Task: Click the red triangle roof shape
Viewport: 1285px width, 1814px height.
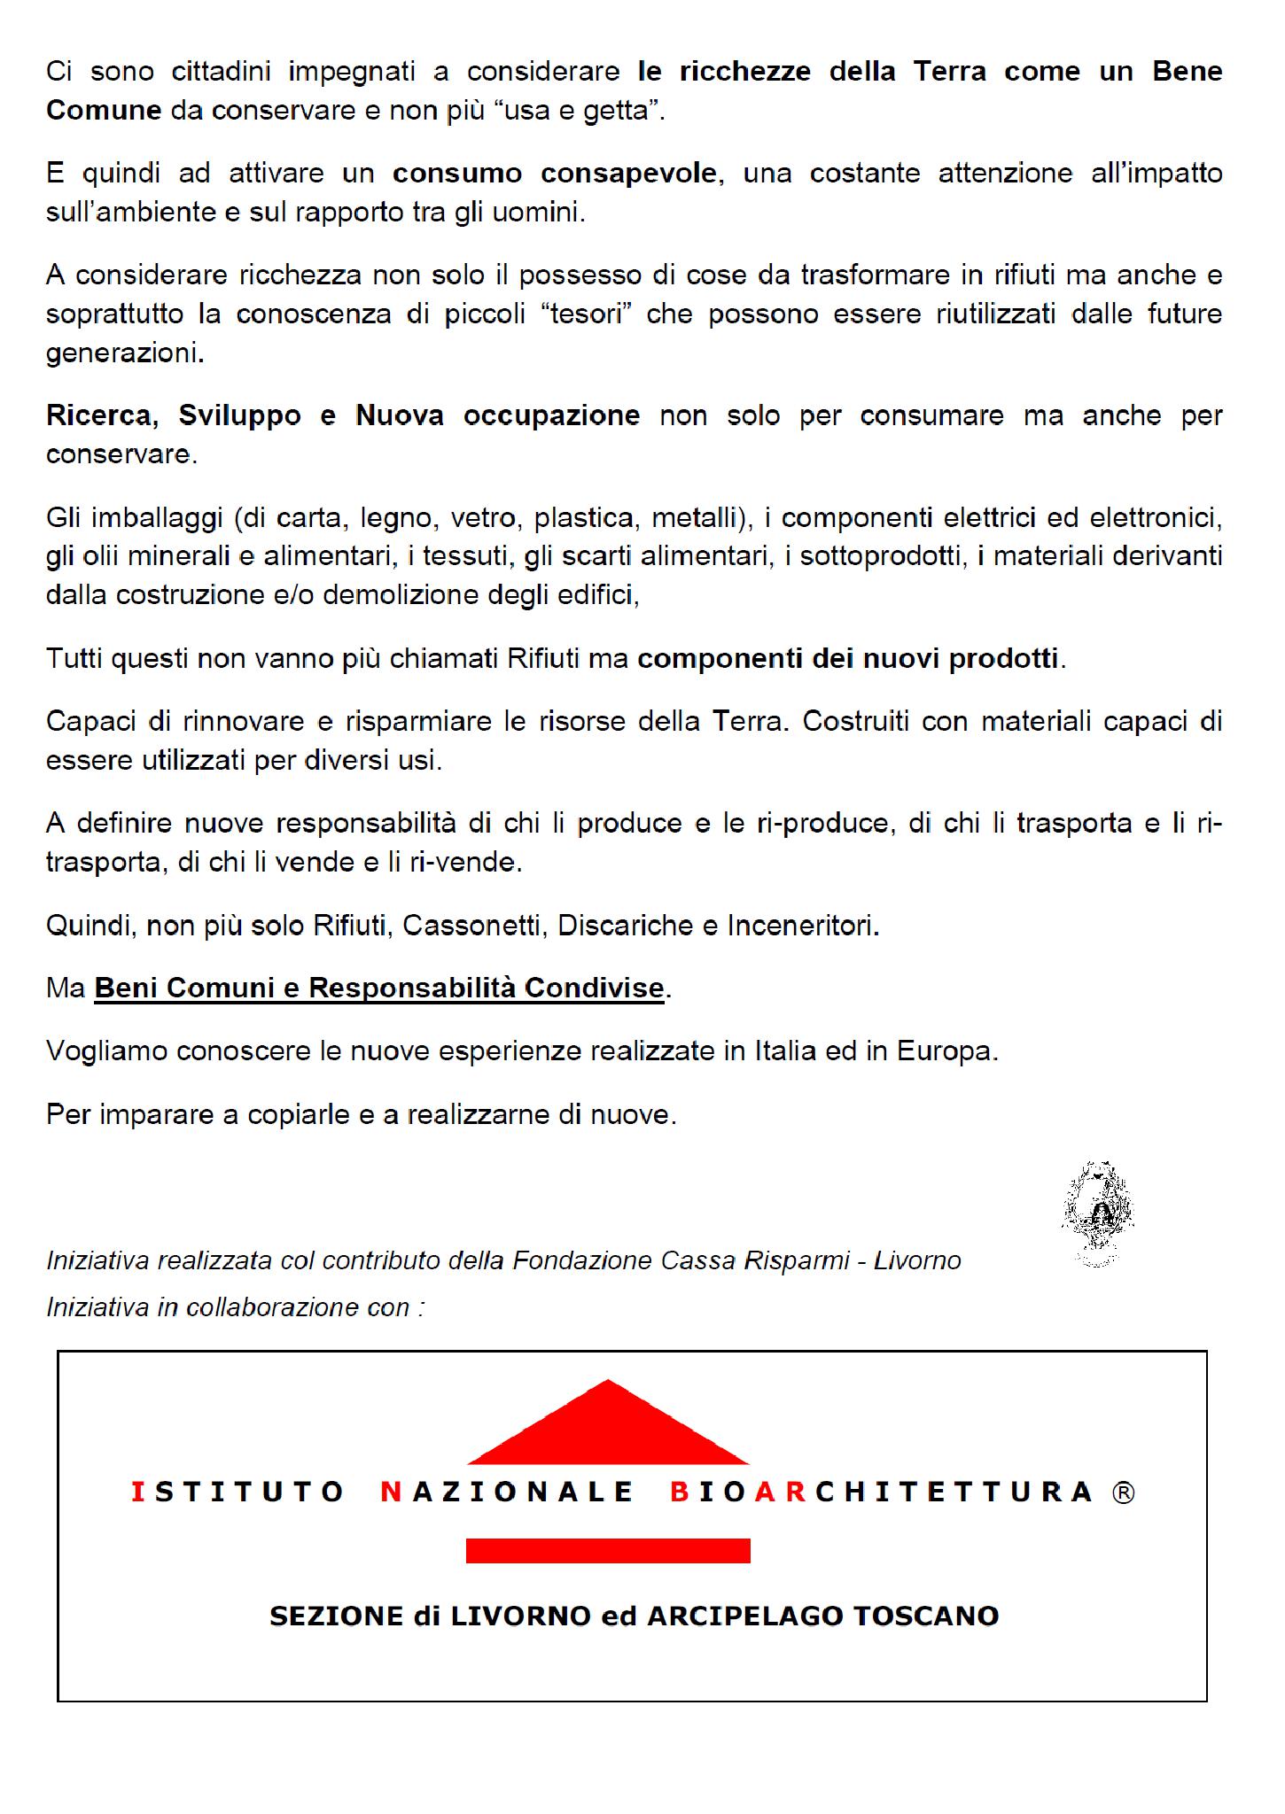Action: coord(608,1427)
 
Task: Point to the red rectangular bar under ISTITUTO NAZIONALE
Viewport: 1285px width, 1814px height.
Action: coord(608,1550)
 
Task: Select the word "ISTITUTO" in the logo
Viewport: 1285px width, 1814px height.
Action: coord(237,1492)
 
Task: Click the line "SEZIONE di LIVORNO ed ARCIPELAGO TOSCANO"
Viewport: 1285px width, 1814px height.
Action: coord(634,1616)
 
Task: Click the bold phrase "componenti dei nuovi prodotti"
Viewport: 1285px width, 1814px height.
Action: coord(848,659)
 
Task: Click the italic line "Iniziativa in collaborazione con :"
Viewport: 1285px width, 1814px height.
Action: coord(236,1306)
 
